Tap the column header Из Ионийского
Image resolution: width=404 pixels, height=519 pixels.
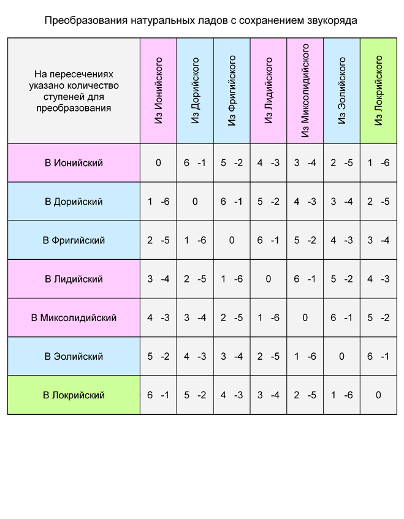click(x=158, y=91)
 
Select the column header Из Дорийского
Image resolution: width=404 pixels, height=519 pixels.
click(x=195, y=91)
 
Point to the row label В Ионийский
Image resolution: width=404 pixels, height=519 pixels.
click(x=74, y=163)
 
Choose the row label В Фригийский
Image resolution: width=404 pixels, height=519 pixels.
click(x=74, y=240)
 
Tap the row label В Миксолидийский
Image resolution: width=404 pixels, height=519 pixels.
click(x=74, y=317)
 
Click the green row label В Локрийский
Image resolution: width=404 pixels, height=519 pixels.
click(x=74, y=395)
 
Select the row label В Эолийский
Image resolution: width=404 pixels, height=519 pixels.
click(x=74, y=356)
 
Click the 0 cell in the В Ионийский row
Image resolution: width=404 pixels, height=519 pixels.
click(x=158, y=163)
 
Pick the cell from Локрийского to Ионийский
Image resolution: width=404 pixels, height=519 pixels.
click(x=378, y=163)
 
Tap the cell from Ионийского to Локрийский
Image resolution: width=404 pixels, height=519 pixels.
click(x=158, y=395)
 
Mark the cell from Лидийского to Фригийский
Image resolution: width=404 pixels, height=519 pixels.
click(x=269, y=240)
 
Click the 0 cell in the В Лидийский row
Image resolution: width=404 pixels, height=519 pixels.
click(x=269, y=279)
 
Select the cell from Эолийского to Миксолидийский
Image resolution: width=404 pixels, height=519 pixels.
click(x=341, y=317)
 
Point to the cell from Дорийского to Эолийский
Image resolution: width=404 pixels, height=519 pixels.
click(x=195, y=356)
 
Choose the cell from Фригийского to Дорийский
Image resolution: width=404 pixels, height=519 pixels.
click(x=232, y=202)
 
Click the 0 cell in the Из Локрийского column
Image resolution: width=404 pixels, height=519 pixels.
click(x=378, y=395)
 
